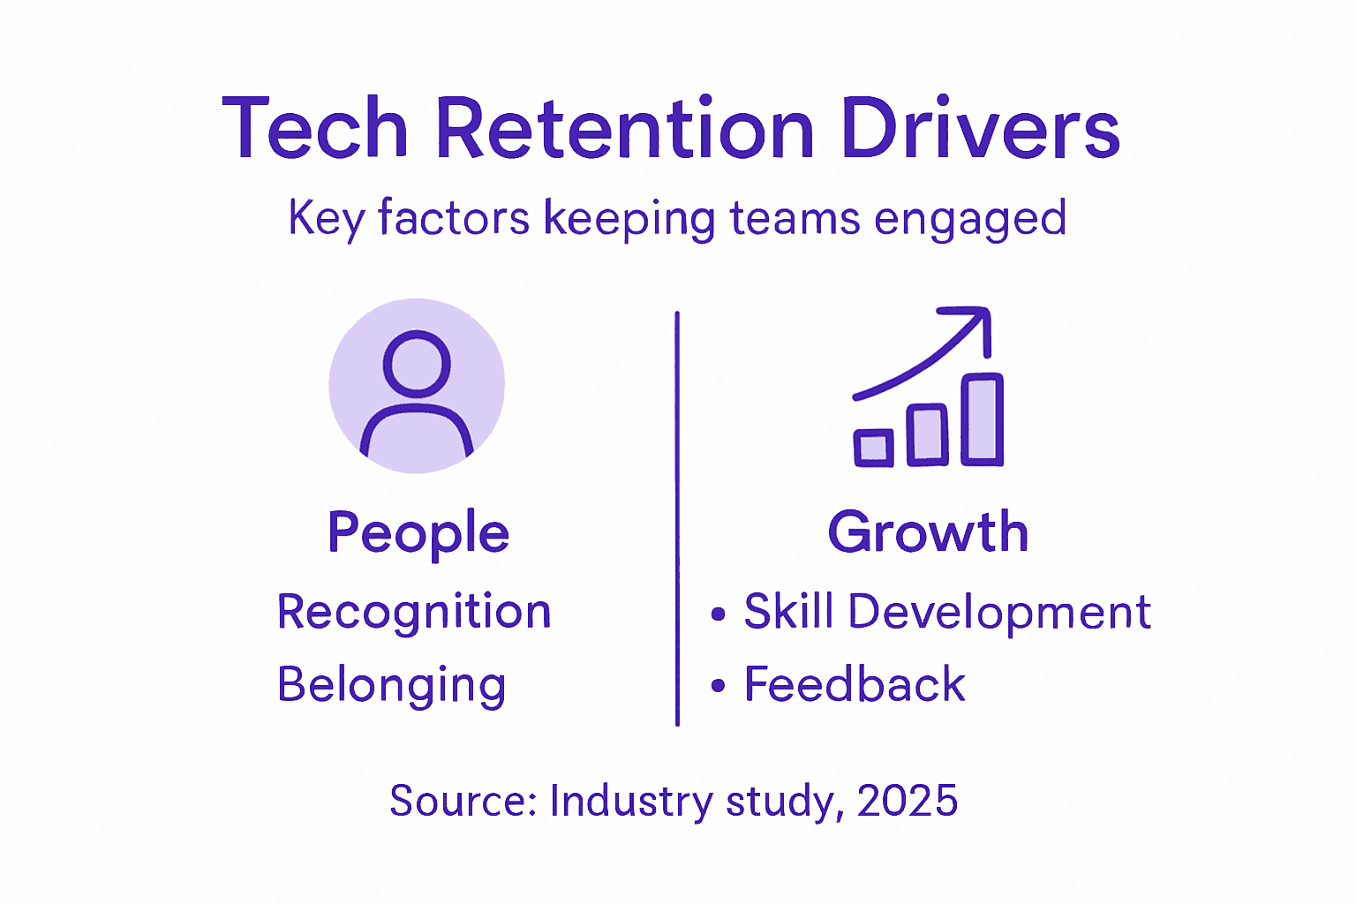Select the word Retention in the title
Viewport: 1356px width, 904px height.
tap(624, 129)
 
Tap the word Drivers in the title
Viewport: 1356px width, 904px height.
tap(980, 129)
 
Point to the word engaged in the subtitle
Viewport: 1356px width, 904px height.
tap(970, 219)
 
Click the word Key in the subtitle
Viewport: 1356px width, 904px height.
tap(326, 219)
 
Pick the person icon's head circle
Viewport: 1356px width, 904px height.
tap(417, 364)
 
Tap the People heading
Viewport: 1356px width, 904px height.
tap(418, 532)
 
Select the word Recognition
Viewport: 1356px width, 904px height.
tap(414, 612)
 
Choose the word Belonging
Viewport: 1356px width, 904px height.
tap(392, 685)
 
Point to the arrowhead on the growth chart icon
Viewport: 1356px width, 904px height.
tap(975, 322)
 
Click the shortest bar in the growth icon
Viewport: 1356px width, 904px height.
tap(873, 448)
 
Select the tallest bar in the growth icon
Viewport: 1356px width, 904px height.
tap(982, 419)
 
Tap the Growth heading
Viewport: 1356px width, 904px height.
tap(929, 532)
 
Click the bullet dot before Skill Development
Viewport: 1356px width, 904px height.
tap(718, 614)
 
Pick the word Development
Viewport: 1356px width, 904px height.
tap(999, 612)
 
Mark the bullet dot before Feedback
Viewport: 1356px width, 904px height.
tap(718, 686)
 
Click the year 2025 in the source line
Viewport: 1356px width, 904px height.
tap(907, 801)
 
